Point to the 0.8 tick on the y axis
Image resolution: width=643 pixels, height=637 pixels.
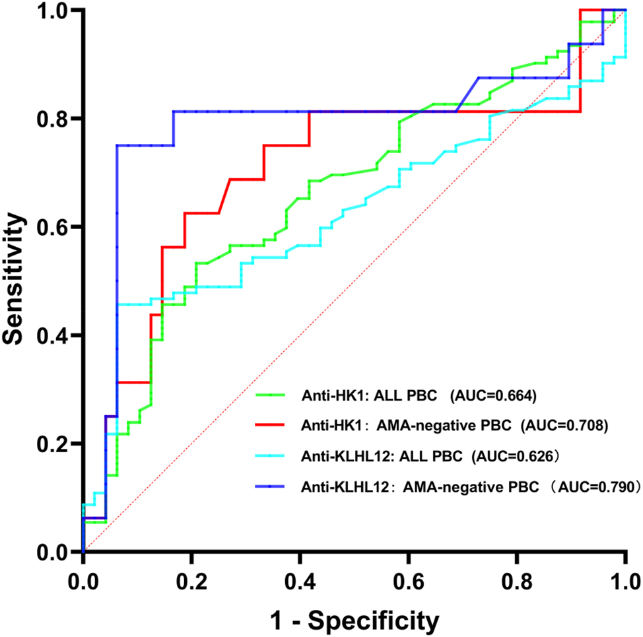click(54, 119)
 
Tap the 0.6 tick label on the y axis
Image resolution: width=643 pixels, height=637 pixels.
click(54, 227)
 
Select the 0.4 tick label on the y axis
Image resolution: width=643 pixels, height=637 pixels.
click(54, 335)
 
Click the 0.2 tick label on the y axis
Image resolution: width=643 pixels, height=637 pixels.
click(54, 444)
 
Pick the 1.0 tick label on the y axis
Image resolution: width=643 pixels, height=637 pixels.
click(54, 11)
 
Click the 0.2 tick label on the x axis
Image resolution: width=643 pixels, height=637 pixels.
click(191, 582)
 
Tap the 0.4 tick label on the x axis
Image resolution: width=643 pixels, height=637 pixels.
click(300, 582)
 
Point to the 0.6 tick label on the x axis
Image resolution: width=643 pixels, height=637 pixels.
click(409, 582)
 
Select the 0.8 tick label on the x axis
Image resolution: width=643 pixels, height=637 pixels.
click(517, 582)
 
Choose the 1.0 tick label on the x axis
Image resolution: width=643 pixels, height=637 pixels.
click(625, 582)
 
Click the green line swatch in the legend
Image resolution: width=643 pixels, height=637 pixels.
click(271, 396)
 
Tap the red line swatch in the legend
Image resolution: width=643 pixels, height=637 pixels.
click(271, 426)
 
